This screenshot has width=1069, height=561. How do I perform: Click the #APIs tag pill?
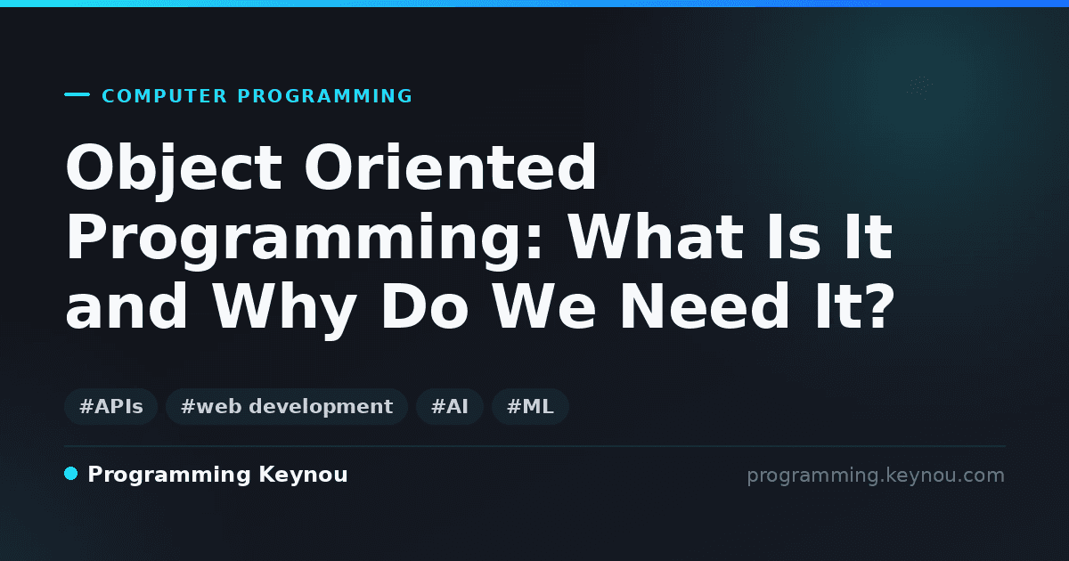click(110, 406)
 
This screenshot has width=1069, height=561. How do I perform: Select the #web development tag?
click(286, 406)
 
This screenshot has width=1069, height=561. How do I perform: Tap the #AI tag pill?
click(450, 406)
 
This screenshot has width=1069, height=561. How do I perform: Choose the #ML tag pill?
click(530, 406)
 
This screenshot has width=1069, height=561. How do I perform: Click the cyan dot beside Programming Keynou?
click(70, 474)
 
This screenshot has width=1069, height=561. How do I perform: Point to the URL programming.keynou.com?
click(876, 476)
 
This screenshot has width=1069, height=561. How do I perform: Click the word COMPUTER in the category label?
click(165, 96)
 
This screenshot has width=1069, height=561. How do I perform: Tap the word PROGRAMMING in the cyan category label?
click(325, 96)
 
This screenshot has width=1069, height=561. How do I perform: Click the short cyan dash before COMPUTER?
click(77, 94)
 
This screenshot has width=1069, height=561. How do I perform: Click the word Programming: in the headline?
click(304, 241)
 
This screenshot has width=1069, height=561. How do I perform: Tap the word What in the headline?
click(655, 237)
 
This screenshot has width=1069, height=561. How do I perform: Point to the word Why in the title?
click(284, 309)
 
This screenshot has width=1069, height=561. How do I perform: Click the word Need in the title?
click(705, 306)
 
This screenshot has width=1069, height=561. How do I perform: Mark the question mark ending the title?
click(880, 305)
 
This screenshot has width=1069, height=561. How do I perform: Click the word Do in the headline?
click(424, 306)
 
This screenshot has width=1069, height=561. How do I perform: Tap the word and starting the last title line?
click(126, 306)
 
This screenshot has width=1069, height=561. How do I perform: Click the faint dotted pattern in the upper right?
click(919, 88)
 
